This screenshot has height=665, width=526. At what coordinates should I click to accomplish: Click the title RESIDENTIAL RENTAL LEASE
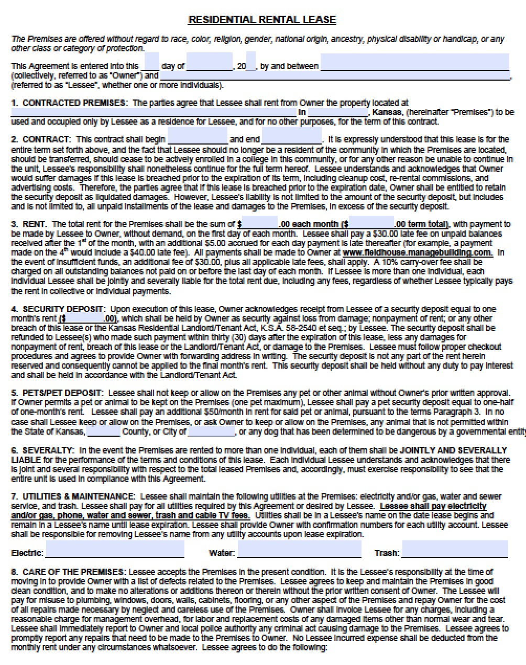[x=262, y=20]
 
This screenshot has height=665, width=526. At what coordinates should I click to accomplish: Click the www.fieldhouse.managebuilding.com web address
[x=417, y=252]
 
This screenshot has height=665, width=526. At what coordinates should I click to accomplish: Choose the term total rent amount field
[x=371, y=223]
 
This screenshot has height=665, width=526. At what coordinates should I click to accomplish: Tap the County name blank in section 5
[x=103, y=431]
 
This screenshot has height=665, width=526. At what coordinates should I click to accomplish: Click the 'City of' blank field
[x=211, y=431]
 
